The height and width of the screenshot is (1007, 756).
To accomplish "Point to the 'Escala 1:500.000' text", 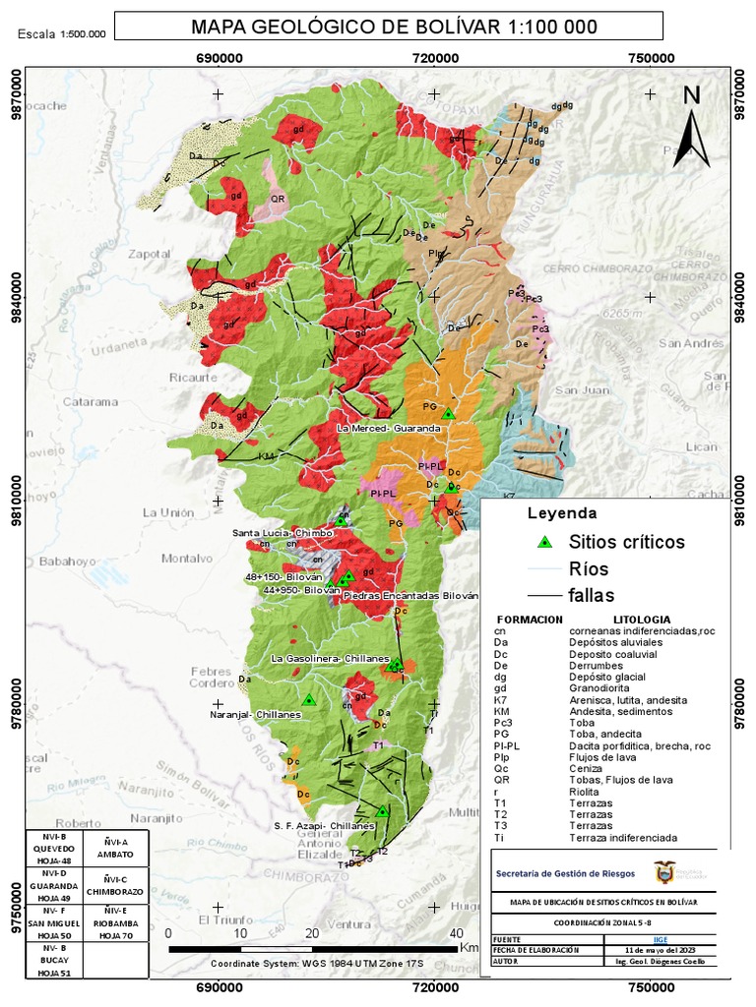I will tap(61, 34).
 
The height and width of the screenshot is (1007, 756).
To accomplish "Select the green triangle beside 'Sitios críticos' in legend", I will tap(542, 542).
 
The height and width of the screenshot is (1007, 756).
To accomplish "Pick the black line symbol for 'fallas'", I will tap(542, 595).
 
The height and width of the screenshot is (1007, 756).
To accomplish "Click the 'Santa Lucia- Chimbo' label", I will tap(282, 533).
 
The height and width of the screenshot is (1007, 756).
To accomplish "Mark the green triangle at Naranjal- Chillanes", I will tap(309, 700).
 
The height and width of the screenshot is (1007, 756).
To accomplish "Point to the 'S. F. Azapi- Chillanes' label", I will tap(325, 826).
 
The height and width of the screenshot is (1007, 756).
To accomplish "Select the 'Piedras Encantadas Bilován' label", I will tap(409, 596).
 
